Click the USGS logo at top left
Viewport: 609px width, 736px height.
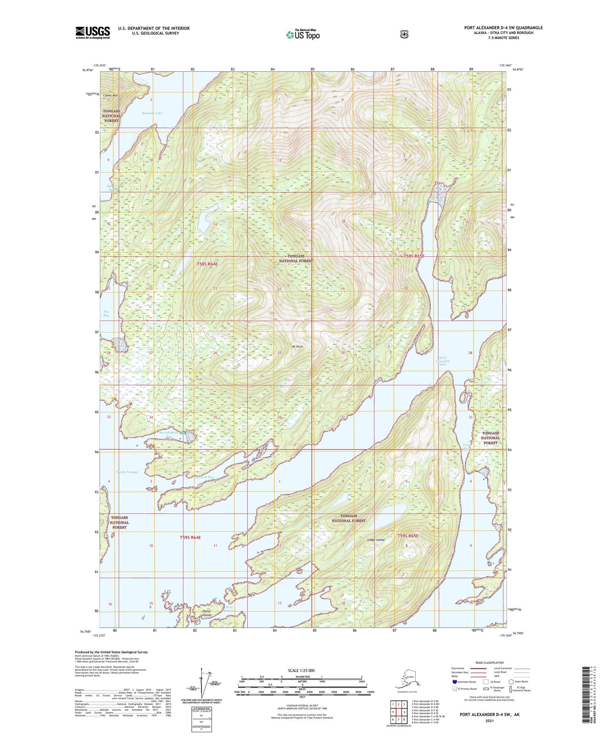coord(93,32)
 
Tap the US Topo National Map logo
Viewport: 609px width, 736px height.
coord(302,34)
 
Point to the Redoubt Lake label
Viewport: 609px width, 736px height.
coord(152,113)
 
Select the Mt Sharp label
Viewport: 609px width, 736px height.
coord(298,347)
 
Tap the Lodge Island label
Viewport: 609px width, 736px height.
coord(376,540)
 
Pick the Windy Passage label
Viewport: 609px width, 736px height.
coord(127,472)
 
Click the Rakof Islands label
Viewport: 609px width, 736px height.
coord(207,613)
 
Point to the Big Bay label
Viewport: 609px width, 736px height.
coord(106,313)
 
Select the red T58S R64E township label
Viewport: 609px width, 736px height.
coord(207,264)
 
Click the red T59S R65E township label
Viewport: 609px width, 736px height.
coord(408,536)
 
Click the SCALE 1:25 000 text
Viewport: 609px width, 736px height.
coord(301,670)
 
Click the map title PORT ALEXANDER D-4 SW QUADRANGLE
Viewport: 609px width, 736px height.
coord(503,28)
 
